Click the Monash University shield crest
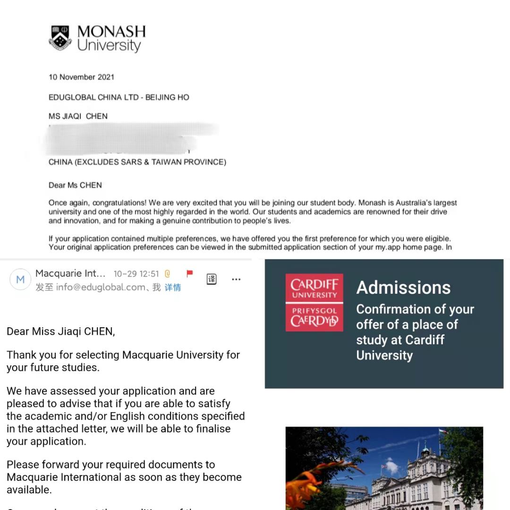pos(60,38)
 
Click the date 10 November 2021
pos(81,77)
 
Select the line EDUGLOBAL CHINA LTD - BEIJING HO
pos(119,97)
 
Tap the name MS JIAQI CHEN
pos(78,116)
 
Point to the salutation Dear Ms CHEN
pos(75,185)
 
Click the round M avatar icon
pos(20,280)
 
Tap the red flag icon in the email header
pos(189,273)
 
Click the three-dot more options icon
pos(236,280)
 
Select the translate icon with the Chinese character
pos(212,279)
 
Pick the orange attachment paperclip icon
pos(167,274)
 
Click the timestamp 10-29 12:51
pos(136,274)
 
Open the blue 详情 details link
pos(172,288)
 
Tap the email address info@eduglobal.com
pos(101,288)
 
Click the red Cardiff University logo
pos(314,303)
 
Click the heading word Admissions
pos(403,288)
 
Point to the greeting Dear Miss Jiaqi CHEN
pos(60,331)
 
